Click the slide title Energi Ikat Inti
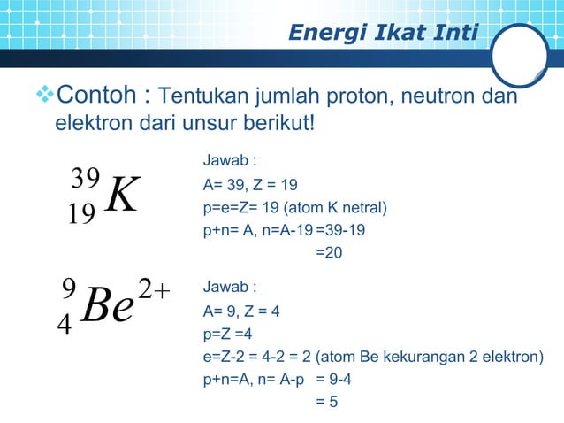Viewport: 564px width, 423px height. pyautogui.click(x=382, y=34)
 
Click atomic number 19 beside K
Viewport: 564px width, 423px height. pyautogui.click(x=83, y=216)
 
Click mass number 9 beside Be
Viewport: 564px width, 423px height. pyautogui.click(x=69, y=288)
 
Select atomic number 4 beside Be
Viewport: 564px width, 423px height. pyautogui.click(x=64, y=325)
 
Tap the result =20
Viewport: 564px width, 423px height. pyautogui.click(x=329, y=253)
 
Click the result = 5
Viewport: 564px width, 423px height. pyautogui.click(x=327, y=402)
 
